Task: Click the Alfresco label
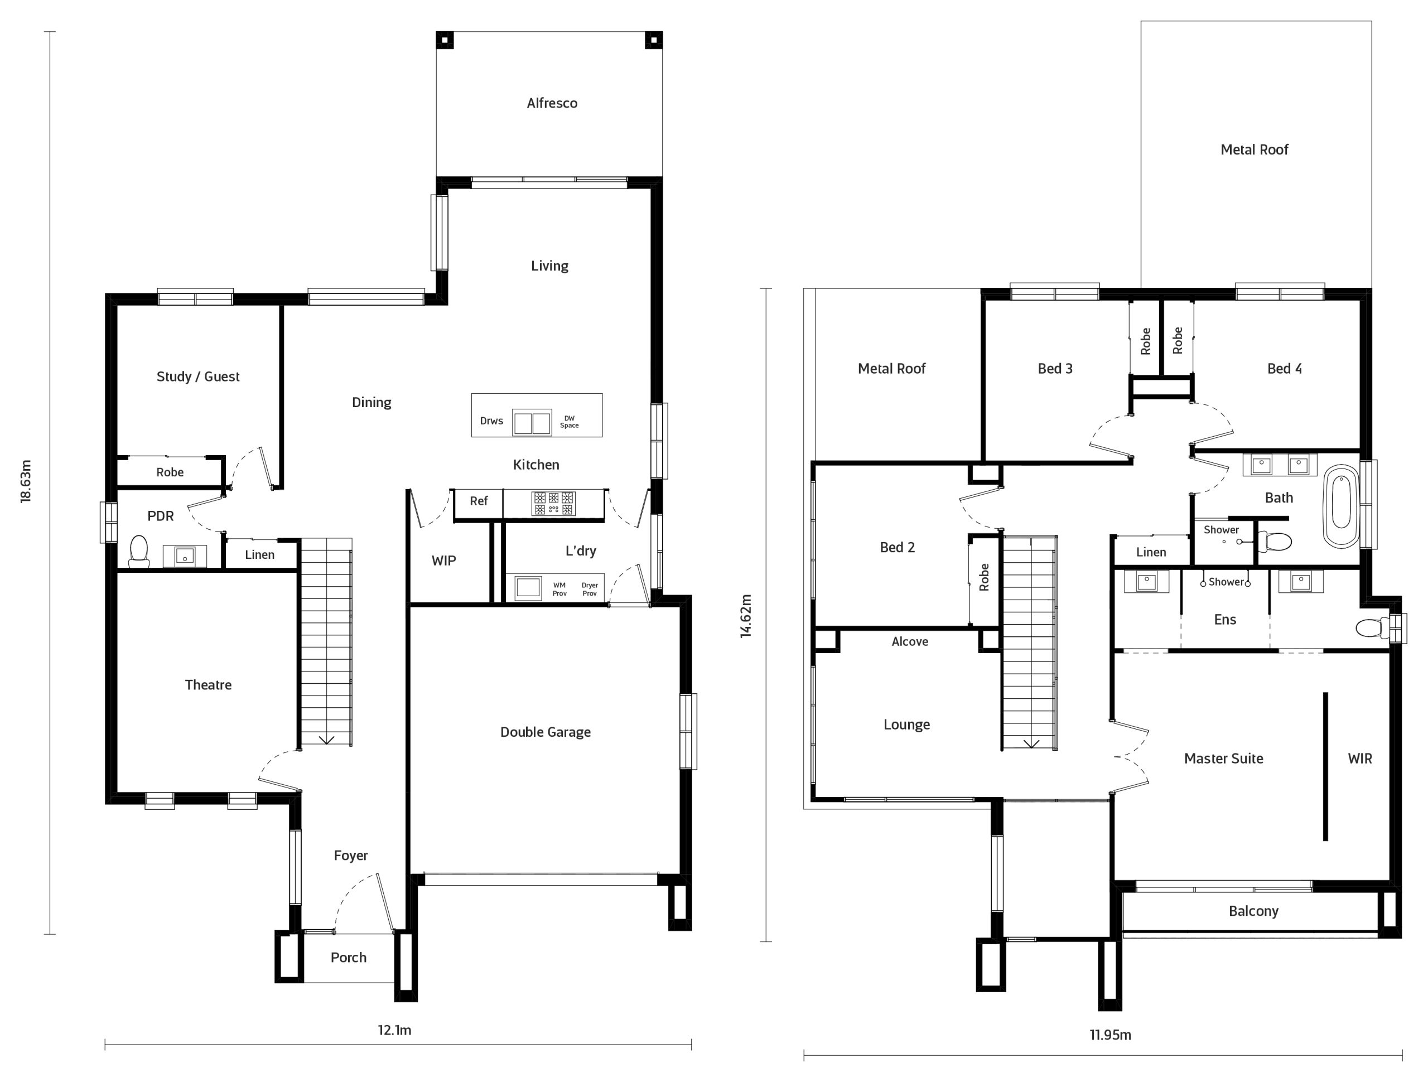pos(552,103)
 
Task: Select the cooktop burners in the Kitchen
pos(553,504)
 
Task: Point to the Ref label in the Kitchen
pos(479,501)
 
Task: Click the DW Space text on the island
pos(569,422)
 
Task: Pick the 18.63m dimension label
pos(26,482)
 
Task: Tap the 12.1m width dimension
pos(394,1030)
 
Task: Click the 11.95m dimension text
pos(1111,1035)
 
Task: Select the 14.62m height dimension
pos(746,616)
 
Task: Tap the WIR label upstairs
pos(1359,759)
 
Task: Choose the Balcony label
pos(1253,911)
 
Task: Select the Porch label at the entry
pos(349,958)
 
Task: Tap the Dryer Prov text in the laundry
pos(590,590)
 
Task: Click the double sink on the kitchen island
pos(532,423)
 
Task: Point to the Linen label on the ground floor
pos(259,554)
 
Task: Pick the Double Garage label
pos(546,732)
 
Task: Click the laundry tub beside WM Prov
pos(528,587)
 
